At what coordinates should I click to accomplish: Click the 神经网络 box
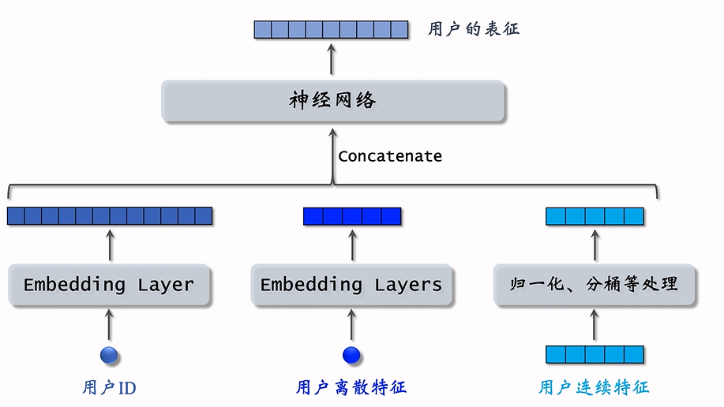[332, 100]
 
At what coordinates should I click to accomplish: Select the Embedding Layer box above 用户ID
[109, 285]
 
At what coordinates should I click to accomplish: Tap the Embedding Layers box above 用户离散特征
[351, 285]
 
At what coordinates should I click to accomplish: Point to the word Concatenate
[390, 156]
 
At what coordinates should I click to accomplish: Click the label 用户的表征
[474, 30]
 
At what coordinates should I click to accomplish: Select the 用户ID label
[109, 388]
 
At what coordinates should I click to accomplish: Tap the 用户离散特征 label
[351, 388]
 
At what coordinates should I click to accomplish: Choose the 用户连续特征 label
[594, 388]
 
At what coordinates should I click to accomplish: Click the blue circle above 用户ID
[109, 354]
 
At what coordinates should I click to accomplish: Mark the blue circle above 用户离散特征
[351, 354]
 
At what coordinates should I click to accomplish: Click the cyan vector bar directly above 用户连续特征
[595, 354]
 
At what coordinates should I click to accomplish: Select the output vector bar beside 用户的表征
[331, 30]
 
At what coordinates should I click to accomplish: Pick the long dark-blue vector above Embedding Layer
[110, 215]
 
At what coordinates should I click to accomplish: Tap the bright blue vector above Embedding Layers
[352, 216]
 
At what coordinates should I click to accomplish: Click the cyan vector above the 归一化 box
[595, 216]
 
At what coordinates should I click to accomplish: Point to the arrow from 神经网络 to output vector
[332, 59]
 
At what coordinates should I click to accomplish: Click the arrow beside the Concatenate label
[332, 156]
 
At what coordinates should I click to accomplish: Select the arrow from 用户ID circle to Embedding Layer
[109, 324]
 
